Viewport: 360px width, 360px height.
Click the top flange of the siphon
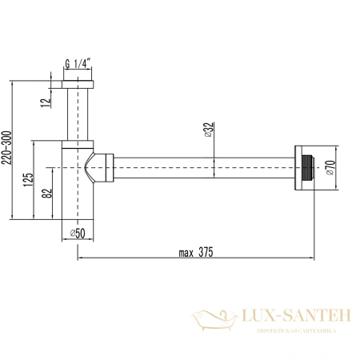(x=78, y=85)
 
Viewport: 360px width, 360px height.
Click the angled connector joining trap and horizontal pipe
(x=102, y=167)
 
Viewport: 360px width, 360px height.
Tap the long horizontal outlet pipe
(x=204, y=166)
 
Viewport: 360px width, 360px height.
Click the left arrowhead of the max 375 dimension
(x=80, y=258)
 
